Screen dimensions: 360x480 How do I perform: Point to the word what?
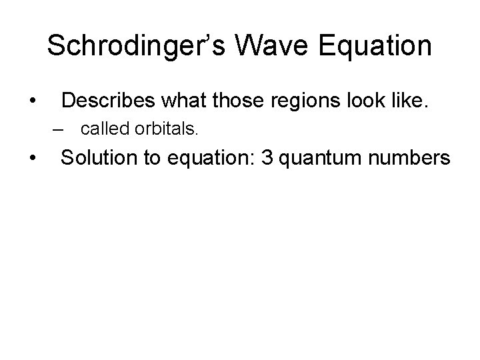click(x=177, y=101)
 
